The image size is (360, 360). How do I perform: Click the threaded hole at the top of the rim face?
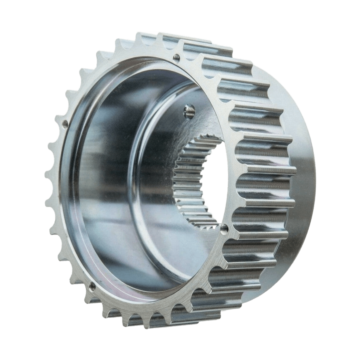(x=177, y=57)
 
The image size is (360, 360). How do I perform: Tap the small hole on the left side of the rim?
(x=65, y=122)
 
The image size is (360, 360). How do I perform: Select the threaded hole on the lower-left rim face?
(x=93, y=285)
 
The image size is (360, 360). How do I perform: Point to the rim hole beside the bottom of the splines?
(x=225, y=228)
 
